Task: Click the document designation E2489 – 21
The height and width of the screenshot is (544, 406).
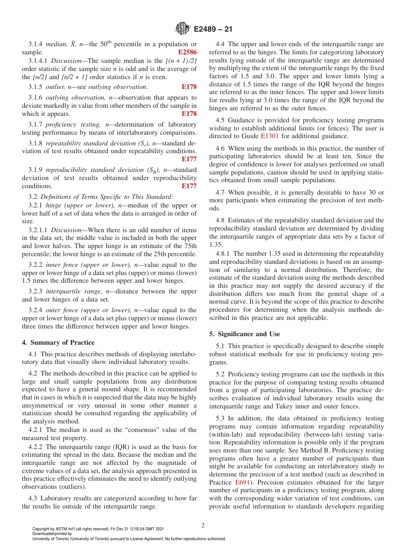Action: [212, 30]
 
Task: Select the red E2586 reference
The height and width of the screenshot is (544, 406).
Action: [187, 52]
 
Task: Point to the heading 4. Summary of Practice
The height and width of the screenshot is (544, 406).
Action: [58, 342]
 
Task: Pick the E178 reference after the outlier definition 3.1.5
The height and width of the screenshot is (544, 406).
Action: [189, 87]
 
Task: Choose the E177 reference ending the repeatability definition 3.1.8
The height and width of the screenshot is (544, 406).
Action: [189, 159]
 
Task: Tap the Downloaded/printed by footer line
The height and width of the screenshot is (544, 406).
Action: [52, 534]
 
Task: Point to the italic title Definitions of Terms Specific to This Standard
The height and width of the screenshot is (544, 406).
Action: [107, 197]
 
